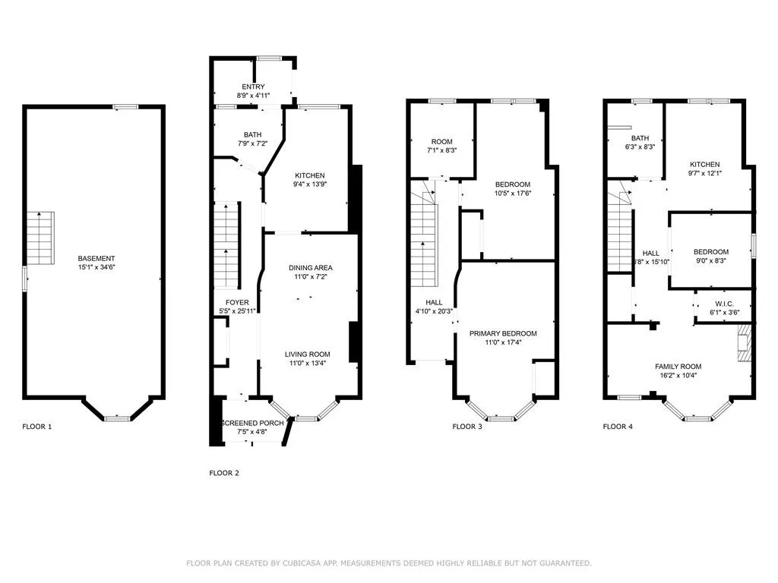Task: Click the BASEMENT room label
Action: [96, 258]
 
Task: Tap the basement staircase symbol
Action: [40, 238]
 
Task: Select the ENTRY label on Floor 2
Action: [253, 87]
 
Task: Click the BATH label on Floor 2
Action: [252, 134]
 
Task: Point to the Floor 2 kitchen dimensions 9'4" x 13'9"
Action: [310, 184]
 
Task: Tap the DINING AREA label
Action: [311, 268]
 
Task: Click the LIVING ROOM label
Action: [308, 354]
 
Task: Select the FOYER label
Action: [237, 302]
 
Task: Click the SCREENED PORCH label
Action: [252, 423]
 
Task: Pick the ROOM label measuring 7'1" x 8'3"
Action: [441, 142]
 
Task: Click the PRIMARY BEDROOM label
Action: [503, 333]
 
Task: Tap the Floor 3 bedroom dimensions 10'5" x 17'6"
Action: [513, 194]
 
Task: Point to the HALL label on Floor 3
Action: [434, 302]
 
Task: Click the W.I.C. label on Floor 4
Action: [724, 304]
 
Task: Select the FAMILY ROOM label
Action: [678, 367]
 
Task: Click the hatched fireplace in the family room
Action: [745, 344]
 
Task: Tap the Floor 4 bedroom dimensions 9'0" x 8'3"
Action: [711, 261]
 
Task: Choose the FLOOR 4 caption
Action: [618, 427]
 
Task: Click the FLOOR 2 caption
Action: [224, 473]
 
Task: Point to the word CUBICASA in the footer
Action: [302, 563]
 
